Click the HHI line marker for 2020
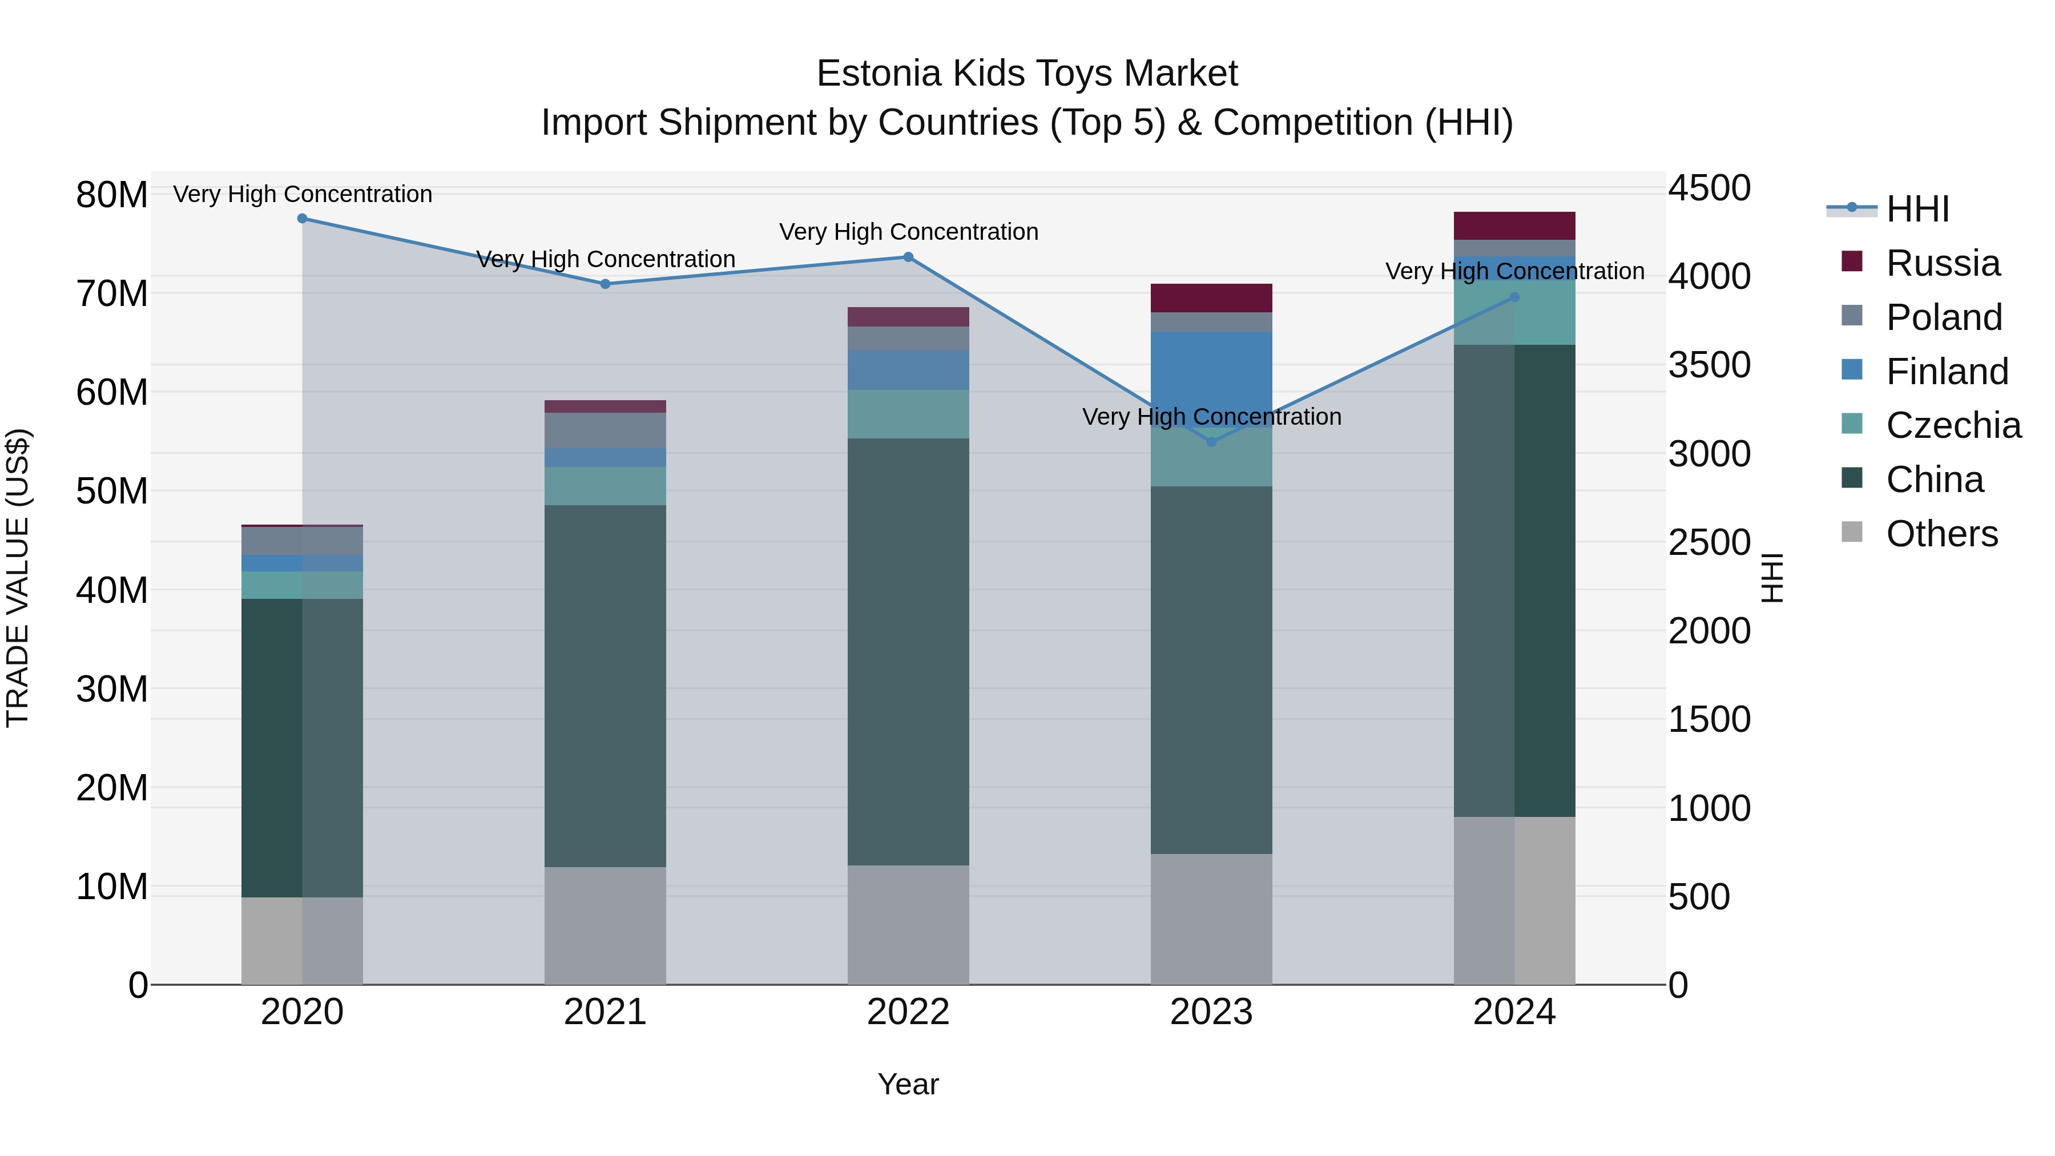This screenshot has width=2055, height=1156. [303, 219]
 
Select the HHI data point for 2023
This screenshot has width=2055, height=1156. [1211, 442]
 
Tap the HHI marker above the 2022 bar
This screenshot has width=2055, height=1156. [908, 257]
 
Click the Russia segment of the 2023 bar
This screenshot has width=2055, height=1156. [1211, 297]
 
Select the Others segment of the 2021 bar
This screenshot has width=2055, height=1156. [605, 925]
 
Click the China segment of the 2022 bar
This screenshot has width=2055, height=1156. [908, 651]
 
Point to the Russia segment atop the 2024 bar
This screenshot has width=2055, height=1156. [1514, 225]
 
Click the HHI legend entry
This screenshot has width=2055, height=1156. [1918, 209]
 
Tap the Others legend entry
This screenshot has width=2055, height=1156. [1942, 534]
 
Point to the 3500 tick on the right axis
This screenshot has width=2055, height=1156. [1709, 365]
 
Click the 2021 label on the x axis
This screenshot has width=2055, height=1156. [605, 1012]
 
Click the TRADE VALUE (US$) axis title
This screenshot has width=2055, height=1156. [18, 578]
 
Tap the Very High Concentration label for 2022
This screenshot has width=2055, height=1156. [908, 232]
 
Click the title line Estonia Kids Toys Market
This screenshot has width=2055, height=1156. [1027, 74]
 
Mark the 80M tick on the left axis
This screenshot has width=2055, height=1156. [112, 195]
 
